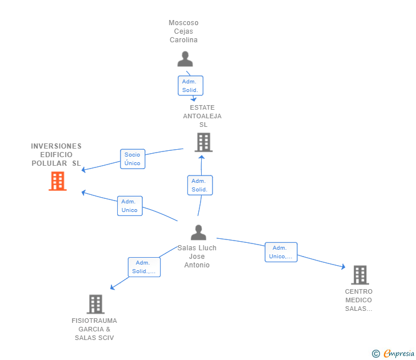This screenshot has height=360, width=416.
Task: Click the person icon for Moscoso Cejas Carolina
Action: tap(185, 59)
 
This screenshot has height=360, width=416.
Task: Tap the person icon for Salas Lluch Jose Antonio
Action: tap(198, 233)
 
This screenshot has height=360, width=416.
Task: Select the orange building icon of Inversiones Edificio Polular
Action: tap(57, 181)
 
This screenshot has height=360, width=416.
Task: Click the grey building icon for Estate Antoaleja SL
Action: tap(203, 142)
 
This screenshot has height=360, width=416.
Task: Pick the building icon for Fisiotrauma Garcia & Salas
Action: tap(95, 304)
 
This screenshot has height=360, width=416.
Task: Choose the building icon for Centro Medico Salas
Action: tap(359, 275)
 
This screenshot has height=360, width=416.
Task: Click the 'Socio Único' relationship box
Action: tap(132, 159)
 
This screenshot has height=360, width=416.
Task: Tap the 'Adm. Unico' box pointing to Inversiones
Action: tap(129, 206)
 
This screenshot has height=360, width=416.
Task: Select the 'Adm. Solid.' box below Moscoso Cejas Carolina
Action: tap(190, 86)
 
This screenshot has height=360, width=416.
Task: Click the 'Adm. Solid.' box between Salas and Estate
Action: tap(199, 185)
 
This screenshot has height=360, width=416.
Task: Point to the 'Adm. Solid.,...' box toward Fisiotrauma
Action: tap(143, 267)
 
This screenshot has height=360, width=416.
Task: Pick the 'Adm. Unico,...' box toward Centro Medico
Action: tap(281, 252)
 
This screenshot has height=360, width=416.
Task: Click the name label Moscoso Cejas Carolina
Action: tap(183, 31)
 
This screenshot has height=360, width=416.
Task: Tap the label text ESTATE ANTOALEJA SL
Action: tap(202, 116)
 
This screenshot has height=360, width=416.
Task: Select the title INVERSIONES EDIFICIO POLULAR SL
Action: tap(56, 155)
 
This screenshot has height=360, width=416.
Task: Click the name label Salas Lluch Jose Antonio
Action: tap(197, 257)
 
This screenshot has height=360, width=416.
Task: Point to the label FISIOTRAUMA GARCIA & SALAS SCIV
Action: tap(94, 329)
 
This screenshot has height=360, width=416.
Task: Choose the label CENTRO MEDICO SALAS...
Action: tap(358, 300)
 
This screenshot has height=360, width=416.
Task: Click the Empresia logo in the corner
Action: tap(393, 354)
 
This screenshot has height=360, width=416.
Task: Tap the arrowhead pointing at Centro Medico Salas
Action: tap(343, 266)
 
